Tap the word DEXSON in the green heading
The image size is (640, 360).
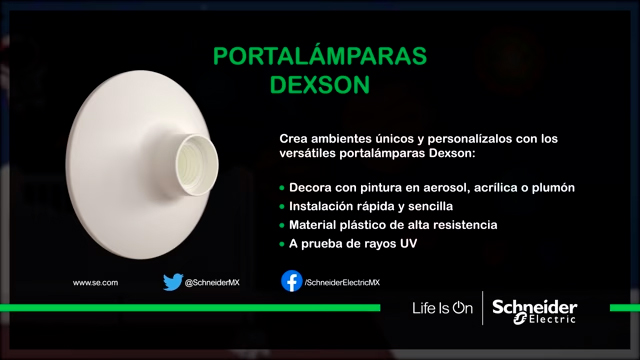(320, 85)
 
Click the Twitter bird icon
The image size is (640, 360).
(173, 283)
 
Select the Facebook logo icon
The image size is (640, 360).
(291, 282)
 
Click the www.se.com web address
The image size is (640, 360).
(96, 283)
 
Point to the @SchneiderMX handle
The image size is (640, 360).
(211, 283)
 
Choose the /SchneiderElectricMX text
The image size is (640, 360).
(342, 283)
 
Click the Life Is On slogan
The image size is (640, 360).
(442, 308)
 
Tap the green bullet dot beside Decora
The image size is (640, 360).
(283, 189)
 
